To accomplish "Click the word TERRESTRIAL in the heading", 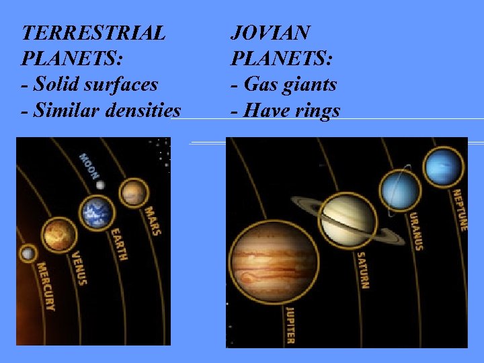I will [93, 33].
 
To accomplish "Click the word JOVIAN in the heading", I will [270, 33].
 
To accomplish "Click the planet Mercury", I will [28, 254].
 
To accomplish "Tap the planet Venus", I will [59, 235].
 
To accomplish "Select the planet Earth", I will [97, 213].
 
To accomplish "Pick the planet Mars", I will [134, 193].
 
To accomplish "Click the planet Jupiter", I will [274, 261].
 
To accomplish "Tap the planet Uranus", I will [401, 191].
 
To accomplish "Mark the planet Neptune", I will [443, 167].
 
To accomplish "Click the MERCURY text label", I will [46, 286].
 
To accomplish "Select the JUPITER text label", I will [290, 325].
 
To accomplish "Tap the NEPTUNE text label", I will [459, 210].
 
